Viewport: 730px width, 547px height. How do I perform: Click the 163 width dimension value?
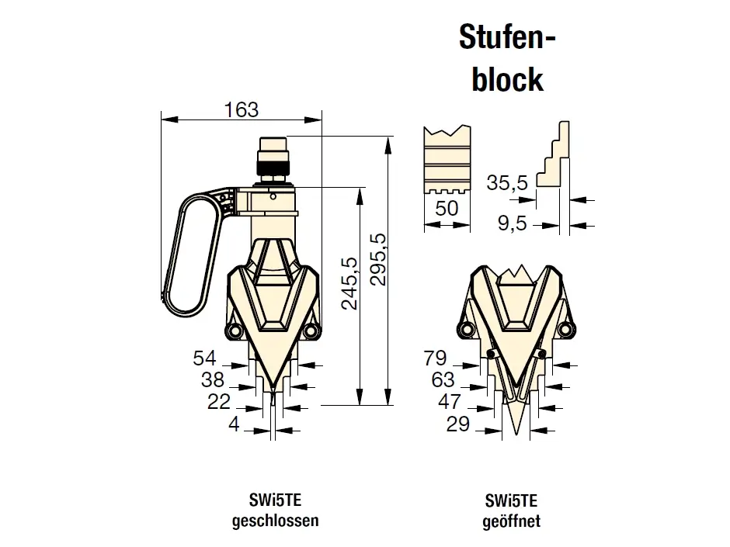click(242, 109)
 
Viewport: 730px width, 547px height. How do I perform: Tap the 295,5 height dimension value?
click(378, 259)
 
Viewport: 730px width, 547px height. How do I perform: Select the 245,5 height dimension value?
click(349, 283)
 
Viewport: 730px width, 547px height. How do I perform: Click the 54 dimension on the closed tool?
click(205, 358)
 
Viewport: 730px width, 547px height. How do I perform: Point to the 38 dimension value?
click(213, 380)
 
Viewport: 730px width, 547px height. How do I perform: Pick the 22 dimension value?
click(219, 401)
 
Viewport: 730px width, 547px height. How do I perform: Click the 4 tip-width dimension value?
click(234, 424)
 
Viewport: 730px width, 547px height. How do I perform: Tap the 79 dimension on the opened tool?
click(435, 358)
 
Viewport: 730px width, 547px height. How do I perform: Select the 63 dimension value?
click(443, 380)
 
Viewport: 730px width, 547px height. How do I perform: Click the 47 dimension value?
click(450, 401)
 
